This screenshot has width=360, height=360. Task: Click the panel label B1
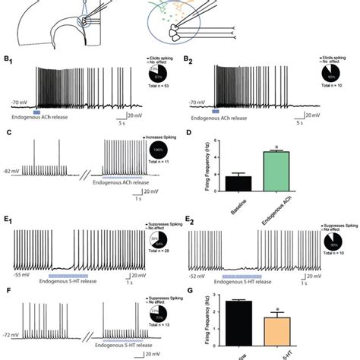click(9, 55)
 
